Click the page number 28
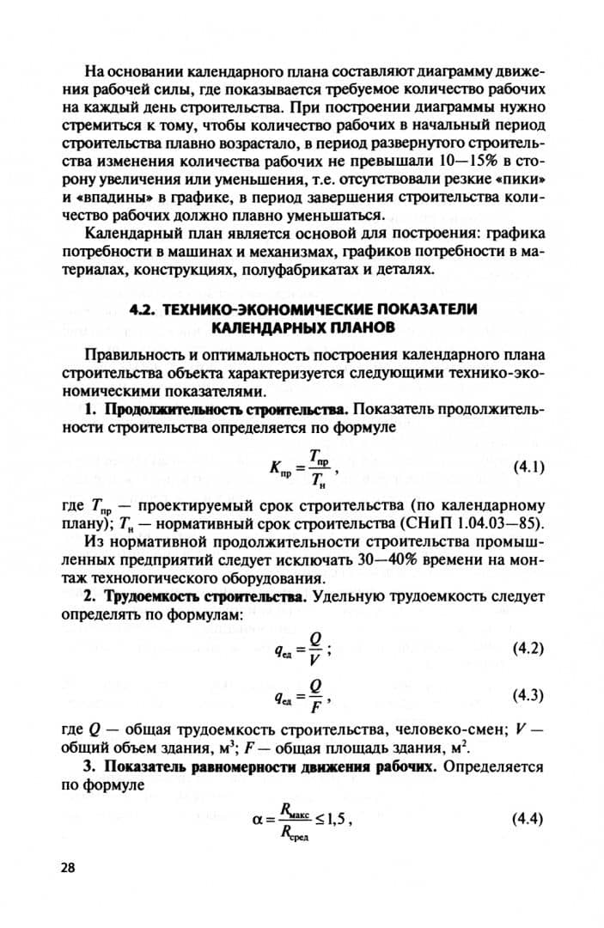click(x=68, y=867)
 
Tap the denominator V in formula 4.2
click(x=315, y=660)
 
